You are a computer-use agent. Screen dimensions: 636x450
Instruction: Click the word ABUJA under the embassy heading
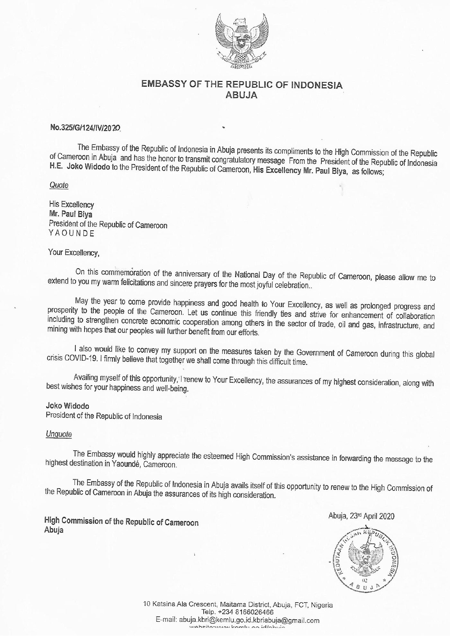242,95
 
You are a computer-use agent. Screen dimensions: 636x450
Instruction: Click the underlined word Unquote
59,434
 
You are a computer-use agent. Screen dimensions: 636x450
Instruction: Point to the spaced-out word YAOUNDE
71,234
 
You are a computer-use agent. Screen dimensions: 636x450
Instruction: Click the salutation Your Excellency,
74,252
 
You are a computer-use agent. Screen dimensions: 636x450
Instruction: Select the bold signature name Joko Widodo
67,406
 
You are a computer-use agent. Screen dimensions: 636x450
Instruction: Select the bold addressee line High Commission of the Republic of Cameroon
121,522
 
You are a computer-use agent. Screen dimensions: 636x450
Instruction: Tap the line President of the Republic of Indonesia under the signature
104,417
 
